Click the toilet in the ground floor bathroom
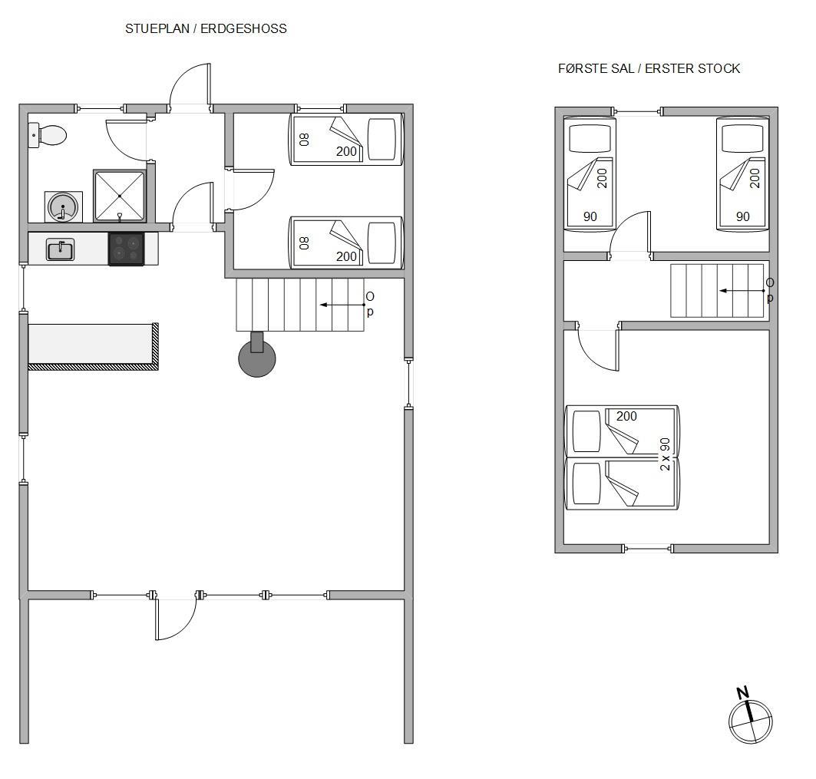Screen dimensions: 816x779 [48, 135]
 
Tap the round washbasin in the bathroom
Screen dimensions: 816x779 [63, 206]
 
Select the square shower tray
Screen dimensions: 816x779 [119, 196]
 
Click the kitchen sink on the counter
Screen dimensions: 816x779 [61, 249]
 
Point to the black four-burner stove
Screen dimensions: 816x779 [126, 249]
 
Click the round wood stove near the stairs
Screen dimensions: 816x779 [257, 357]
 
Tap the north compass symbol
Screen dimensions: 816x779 [750, 716]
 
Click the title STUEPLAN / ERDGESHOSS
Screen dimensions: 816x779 [206, 28]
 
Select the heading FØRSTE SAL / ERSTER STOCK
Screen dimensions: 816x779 [649, 68]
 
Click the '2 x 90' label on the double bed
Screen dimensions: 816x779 [665, 454]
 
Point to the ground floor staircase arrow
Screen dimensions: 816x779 [342, 305]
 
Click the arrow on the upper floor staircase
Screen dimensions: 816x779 [742, 291]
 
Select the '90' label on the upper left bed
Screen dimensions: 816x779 [590, 216]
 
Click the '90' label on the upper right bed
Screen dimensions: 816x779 [742, 216]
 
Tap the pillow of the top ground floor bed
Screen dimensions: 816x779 [382, 140]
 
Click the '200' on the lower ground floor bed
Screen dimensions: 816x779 [346, 256]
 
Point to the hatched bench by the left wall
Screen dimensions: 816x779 [93, 347]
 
